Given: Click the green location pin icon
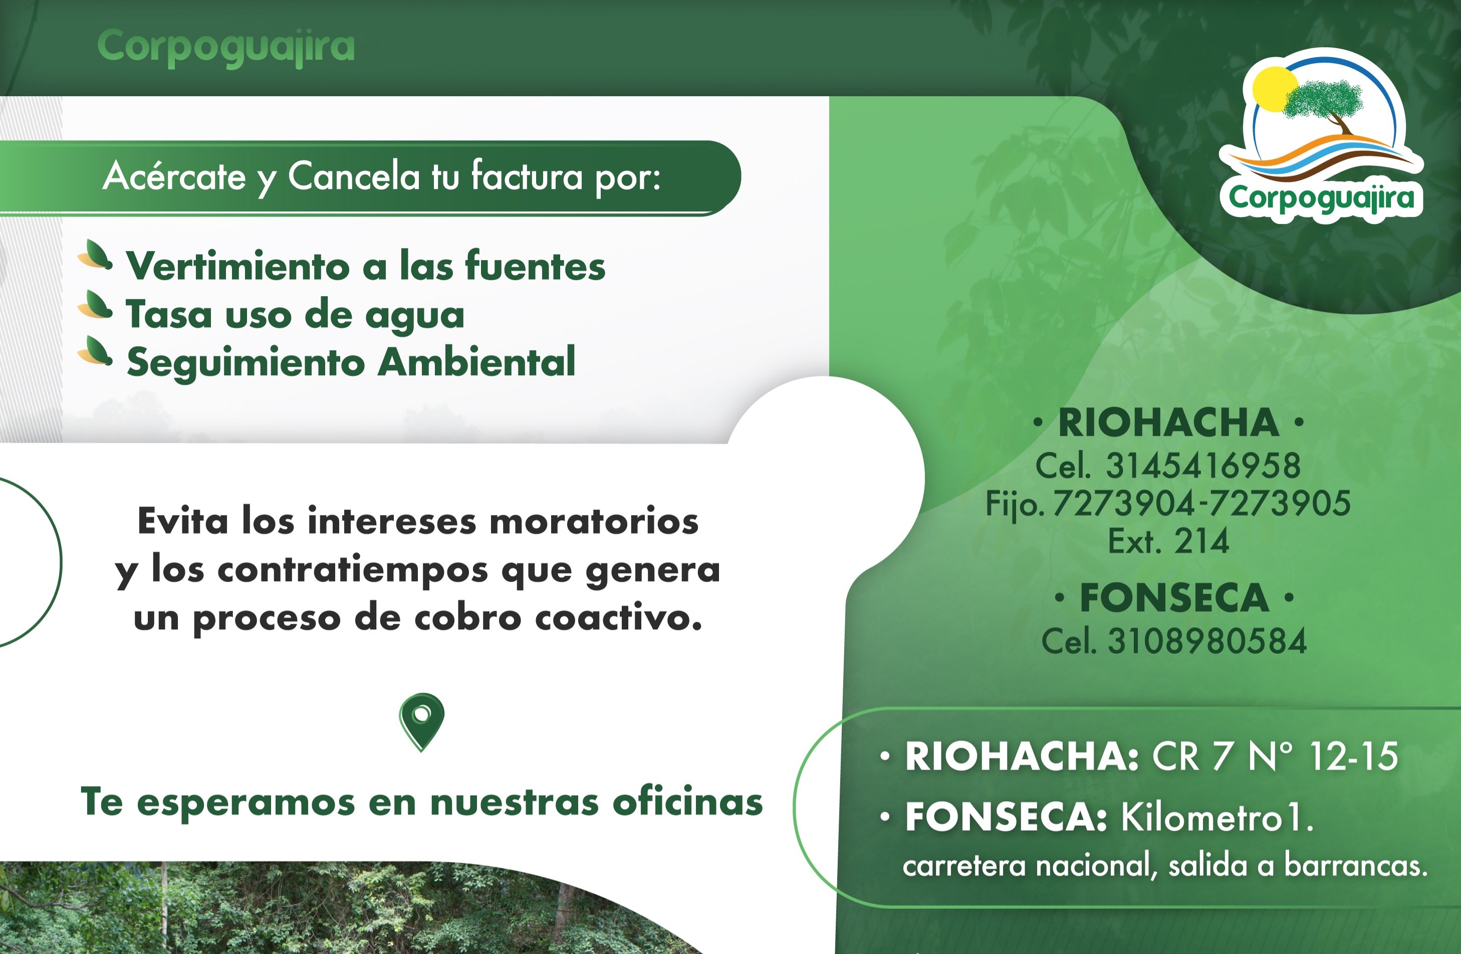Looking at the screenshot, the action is tap(422, 722).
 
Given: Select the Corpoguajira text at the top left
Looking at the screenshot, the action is tap(226, 47).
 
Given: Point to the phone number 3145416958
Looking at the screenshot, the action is tap(1203, 465).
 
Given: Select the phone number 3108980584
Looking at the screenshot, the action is tap(1207, 641).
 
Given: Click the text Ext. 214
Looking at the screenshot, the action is tap(1168, 541).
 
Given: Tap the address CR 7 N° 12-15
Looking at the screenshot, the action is tap(1275, 756).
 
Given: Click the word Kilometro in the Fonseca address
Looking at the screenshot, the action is tap(1201, 817).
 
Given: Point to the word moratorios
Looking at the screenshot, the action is tap(594, 521).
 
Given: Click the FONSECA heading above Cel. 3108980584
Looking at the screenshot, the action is tap(1174, 598).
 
